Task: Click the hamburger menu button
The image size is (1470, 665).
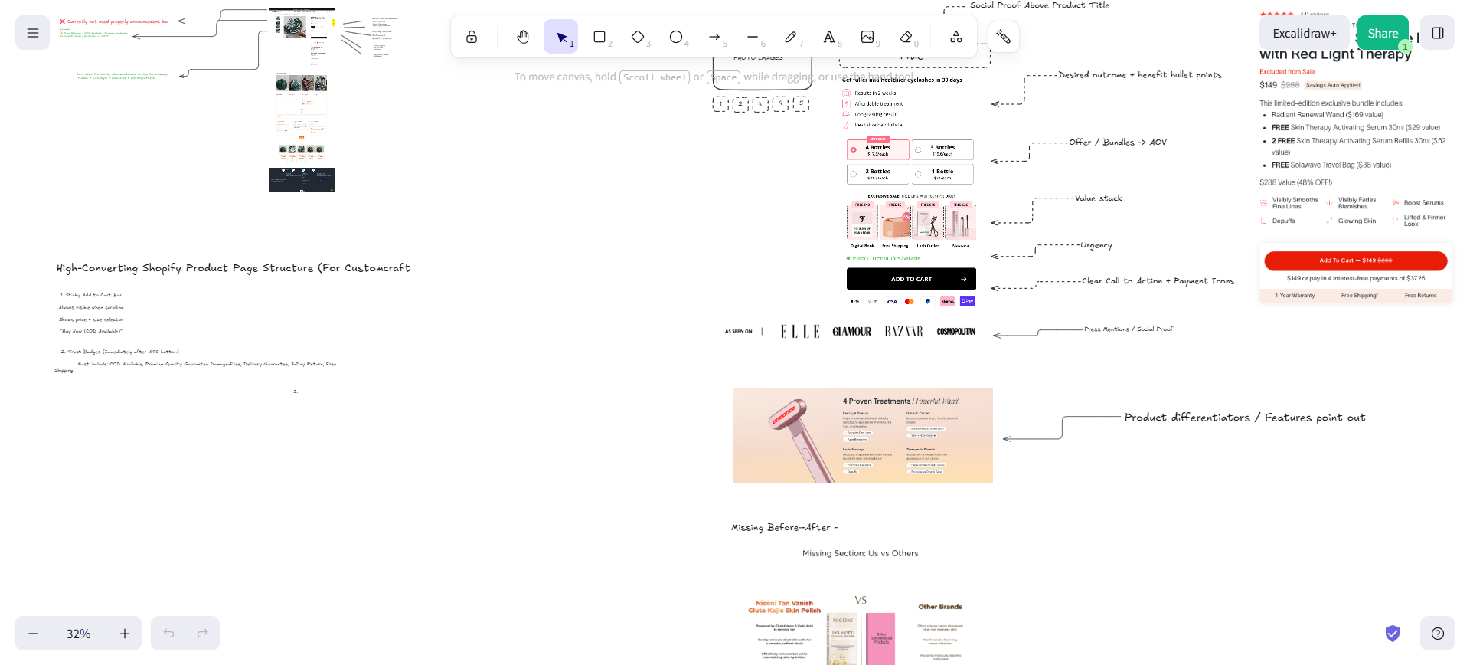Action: (x=32, y=33)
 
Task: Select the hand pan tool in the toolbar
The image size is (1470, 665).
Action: (x=523, y=37)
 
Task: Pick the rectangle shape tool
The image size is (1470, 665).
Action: (x=599, y=37)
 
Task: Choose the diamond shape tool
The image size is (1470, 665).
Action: (x=638, y=37)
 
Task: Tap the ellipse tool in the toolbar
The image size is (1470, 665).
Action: (x=676, y=37)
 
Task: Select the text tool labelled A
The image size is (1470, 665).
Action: (x=829, y=37)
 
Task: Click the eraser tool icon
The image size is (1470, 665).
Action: (x=906, y=37)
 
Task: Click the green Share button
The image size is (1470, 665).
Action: (x=1382, y=33)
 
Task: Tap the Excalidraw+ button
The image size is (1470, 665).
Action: (x=1304, y=33)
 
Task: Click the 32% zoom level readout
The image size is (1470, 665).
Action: (x=78, y=634)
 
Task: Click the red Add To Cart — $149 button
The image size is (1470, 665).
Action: (x=1355, y=260)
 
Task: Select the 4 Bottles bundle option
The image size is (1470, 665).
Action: (x=877, y=150)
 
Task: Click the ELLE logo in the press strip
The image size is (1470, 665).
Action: (x=800, y=332)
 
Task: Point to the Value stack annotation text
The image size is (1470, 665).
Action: (x=1098, y=198)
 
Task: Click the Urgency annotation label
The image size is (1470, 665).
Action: (x=1096, y=246)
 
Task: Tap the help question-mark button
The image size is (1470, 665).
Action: (x=1437, y=634)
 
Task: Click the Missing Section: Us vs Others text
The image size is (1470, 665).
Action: (x=860, y=553)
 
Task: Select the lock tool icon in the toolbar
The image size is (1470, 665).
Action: (x=472, y=37)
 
